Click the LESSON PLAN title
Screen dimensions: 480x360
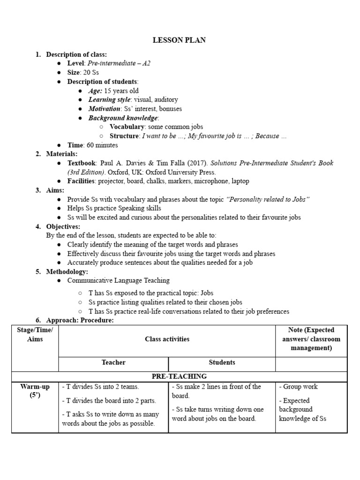coord(179,40)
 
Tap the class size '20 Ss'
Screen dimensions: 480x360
coord(90,73)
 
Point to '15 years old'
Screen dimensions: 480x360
coord(121,90)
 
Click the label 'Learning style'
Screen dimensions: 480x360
coord(110,99)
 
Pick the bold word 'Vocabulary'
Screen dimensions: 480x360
coord(127,127)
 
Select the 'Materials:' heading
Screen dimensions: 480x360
coord(62,154)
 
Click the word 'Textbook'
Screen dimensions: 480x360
coord(82,163)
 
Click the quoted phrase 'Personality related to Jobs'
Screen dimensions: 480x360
coord(268,199)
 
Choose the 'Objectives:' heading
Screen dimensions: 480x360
coord(63,226)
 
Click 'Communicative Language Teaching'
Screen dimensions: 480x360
coord(119,280)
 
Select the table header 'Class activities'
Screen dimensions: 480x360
coord(167,339)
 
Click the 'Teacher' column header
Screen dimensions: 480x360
coord(113,362)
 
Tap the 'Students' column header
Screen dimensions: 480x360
coord(222,362)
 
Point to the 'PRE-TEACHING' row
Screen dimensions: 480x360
coord(179,376)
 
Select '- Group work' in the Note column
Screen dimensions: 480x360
coord(299,387)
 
